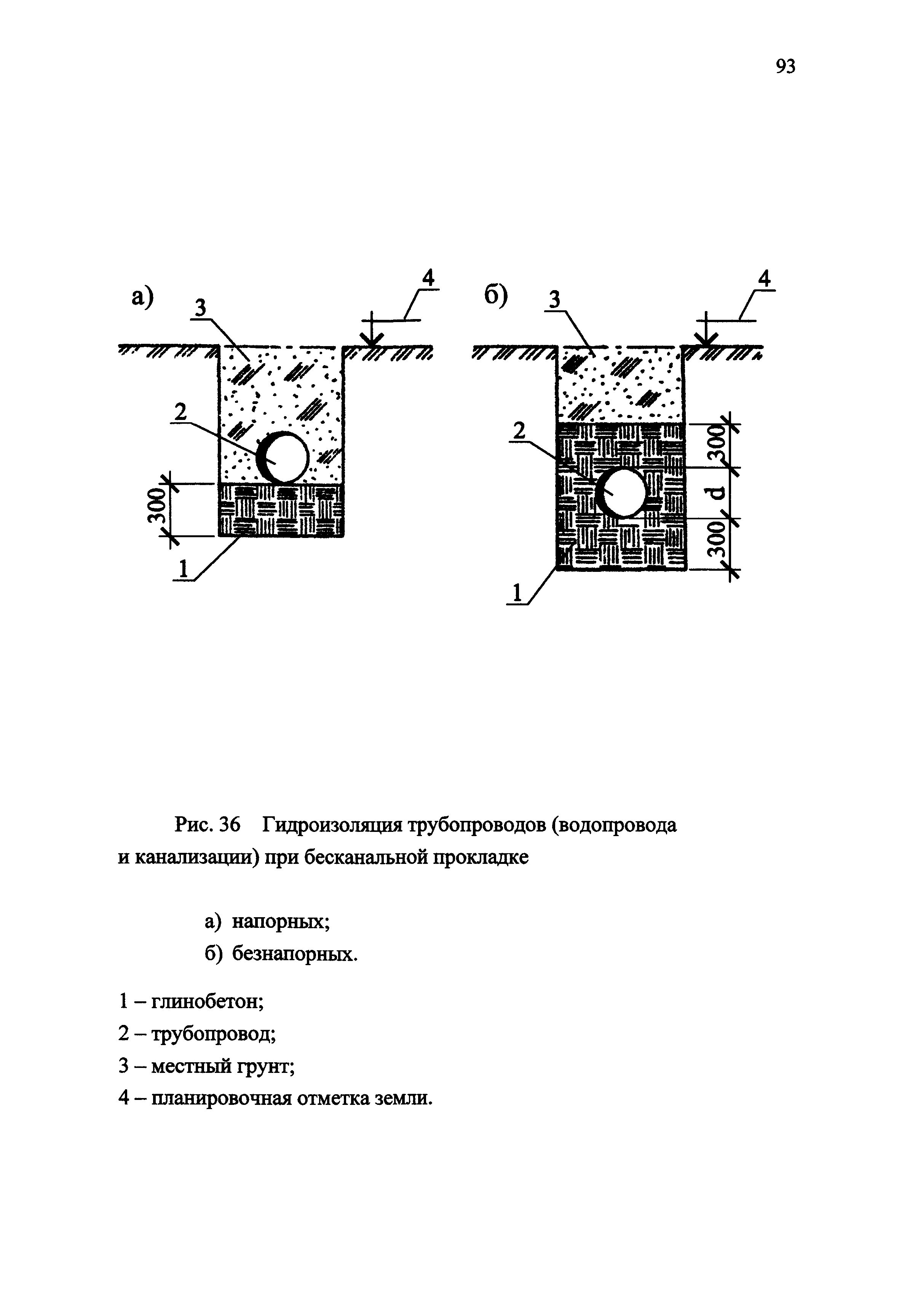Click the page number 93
tap(786, 67)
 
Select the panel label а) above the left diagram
tap(142, 297)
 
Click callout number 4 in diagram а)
tap(429, 278)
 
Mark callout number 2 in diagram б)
tap(519, 431)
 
